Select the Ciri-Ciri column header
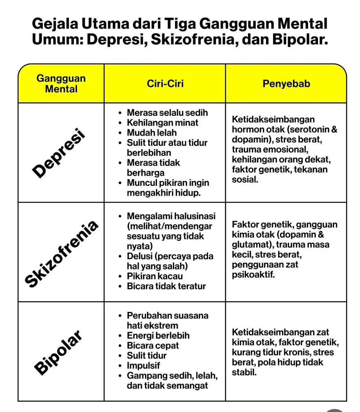(x=165, y=84)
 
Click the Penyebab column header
(x=286, y=84)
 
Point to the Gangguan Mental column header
(x=61, y=84)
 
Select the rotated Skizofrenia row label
(x=62, y=253)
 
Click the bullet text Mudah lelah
(x=152, y=133)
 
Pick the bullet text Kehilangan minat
(x=162, y=123)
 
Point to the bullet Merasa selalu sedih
(x=167, y=113)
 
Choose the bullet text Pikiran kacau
(x=154, y=276)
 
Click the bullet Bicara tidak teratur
(x=166, y=286)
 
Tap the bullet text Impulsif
(x=143, y=365)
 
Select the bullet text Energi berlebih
(x=158, y=336)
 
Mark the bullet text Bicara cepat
(x=152, y=346)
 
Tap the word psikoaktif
(x=253, y=274)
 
